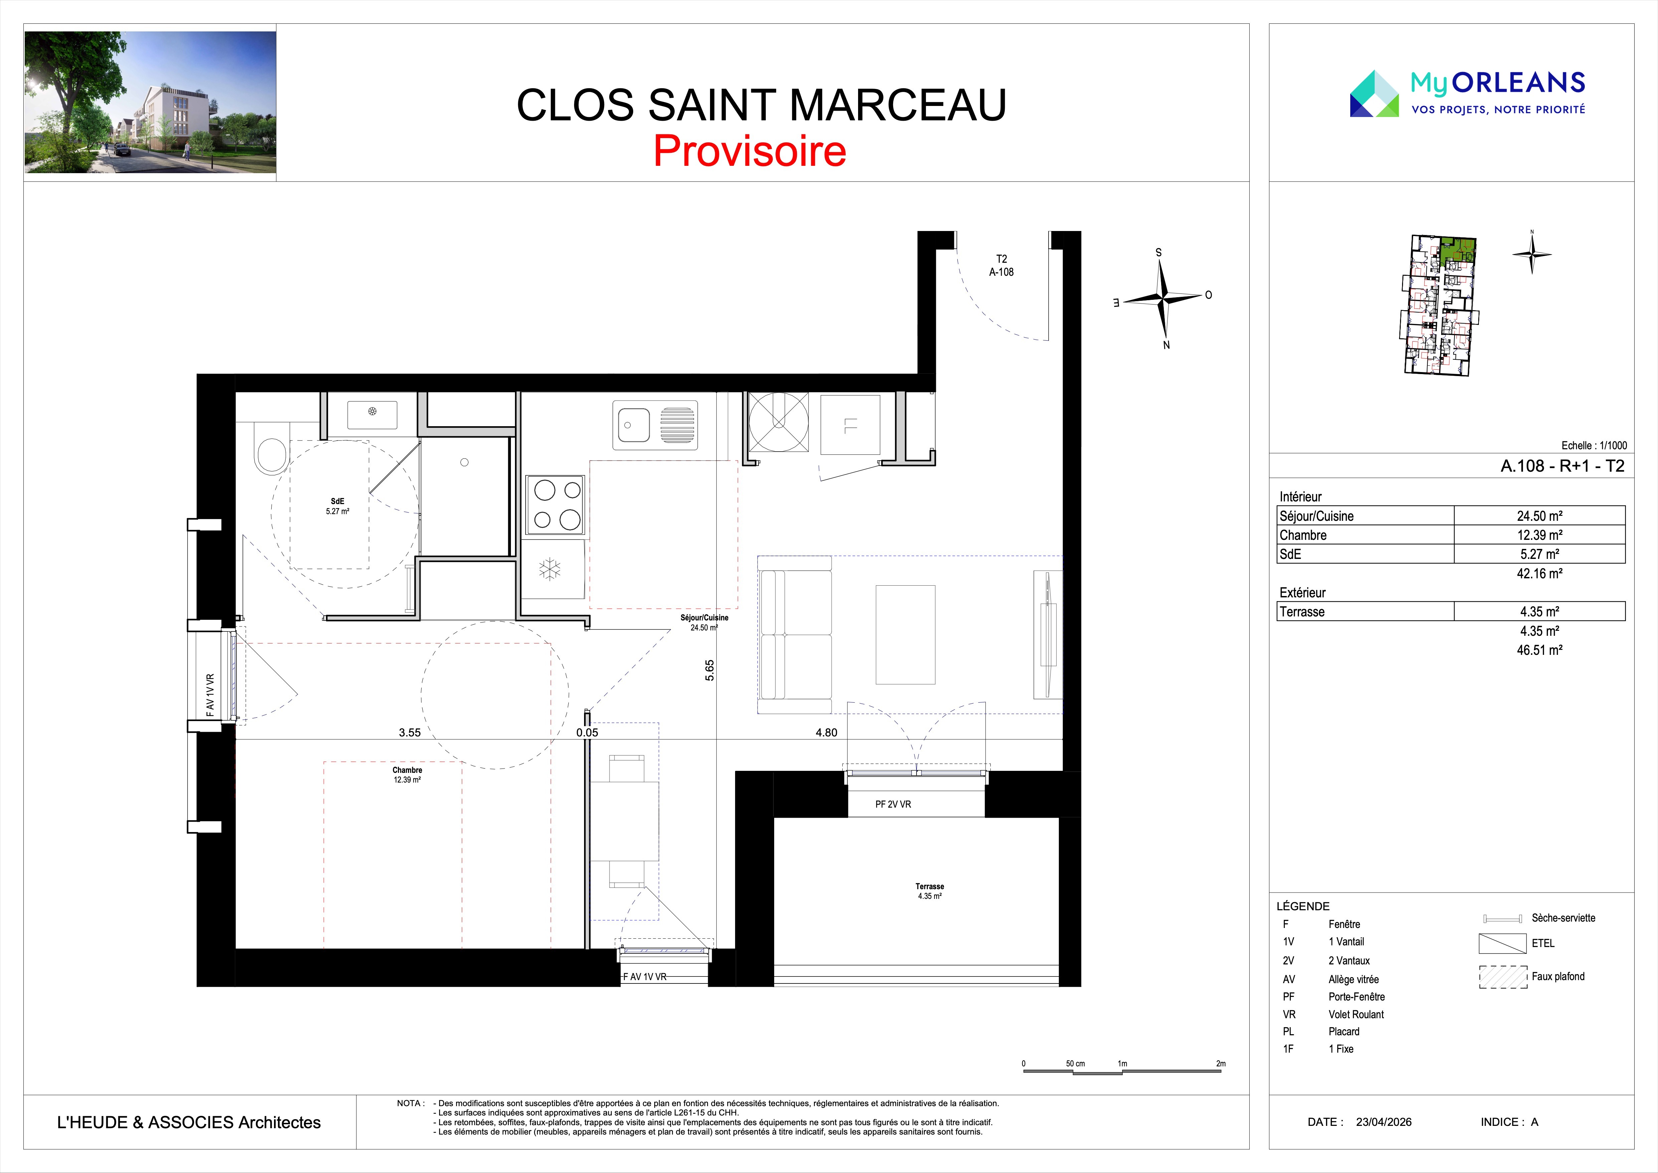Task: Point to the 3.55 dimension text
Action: click(409, 732)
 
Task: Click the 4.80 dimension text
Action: click(826, 732)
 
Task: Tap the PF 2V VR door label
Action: click(893, 804)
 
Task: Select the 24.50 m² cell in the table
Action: click(1540, 516)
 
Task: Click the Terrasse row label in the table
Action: click(1302, 612)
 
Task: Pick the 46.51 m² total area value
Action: click(1540, 650)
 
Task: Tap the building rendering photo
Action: click(150, 102)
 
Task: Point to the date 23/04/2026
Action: click(1384, 1122)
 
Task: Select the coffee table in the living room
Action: click(906, 634)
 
